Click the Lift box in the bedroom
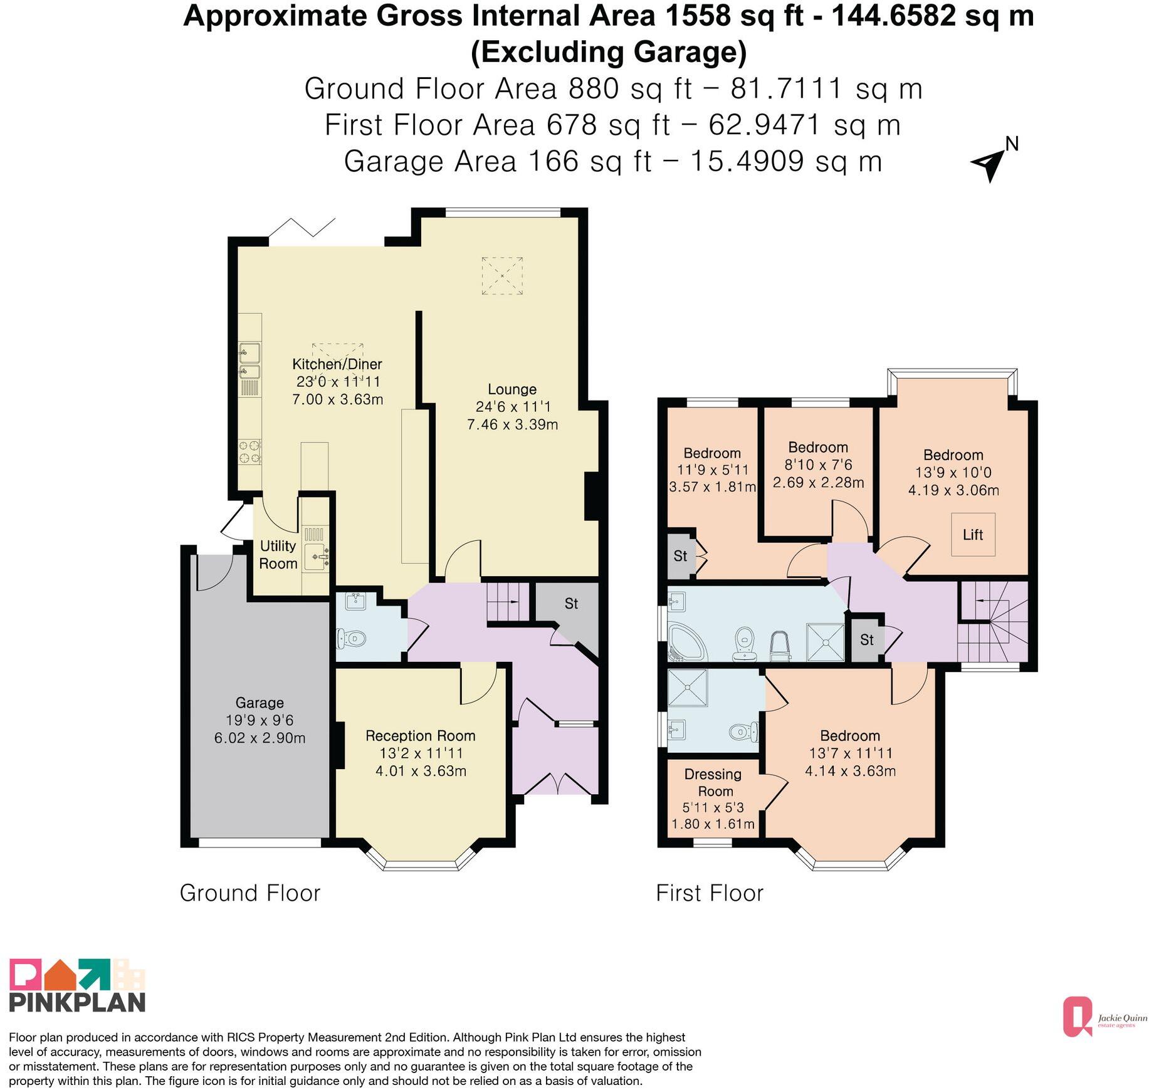tap(972, 534)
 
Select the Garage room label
tap(260, 703)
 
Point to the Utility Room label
tap(278, 555)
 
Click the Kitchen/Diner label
tap(337, 364)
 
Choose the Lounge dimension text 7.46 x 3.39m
tap(512, 424)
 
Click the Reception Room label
tap(421, 735)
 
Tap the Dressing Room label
tap(713, 783)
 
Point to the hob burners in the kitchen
tap(249, 452)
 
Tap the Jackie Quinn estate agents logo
tap(1104, 1017)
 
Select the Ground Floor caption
tap(250, 893)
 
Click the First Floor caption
tap(710, 893)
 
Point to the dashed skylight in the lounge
tap(502, 276)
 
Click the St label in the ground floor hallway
tap(571, 604)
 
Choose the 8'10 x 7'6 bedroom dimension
tap(818, 464)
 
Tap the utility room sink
tap(316, 557)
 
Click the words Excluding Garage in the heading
tap(609, 52)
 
